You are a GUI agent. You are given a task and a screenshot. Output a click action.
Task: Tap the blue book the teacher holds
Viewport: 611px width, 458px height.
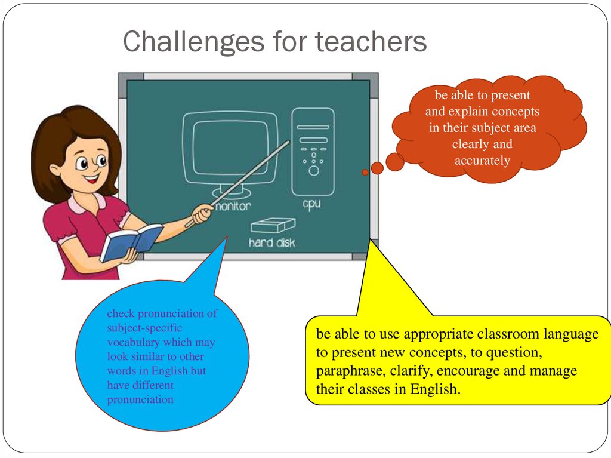(x=131, y=242)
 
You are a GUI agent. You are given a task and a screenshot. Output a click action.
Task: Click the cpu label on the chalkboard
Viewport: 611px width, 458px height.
(x=311, y=204)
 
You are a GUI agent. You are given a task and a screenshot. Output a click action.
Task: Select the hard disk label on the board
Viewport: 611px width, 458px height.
(x=271, y=242)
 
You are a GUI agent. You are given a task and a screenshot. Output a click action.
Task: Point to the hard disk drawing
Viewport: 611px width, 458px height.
(x=273, y=226)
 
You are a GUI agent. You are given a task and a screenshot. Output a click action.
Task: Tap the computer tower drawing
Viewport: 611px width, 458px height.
(x=313, y=152)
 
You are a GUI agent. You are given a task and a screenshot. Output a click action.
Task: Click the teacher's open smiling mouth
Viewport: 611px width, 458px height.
(x=91, y=180)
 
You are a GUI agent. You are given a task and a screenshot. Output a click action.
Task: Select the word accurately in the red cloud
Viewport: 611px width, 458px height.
(x=482, y=161)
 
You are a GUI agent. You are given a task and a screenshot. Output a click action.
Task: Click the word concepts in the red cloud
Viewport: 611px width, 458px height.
(x=516, y=112)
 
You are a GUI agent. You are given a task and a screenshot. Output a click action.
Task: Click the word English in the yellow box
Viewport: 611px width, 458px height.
(x=435, y=389)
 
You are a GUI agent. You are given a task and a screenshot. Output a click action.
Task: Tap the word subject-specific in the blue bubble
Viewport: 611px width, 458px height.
(x=144, y=328)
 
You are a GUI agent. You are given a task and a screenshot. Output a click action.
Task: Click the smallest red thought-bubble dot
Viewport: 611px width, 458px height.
(x=365, y=172)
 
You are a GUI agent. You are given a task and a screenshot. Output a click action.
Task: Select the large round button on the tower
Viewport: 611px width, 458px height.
(x=314, y=171)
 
